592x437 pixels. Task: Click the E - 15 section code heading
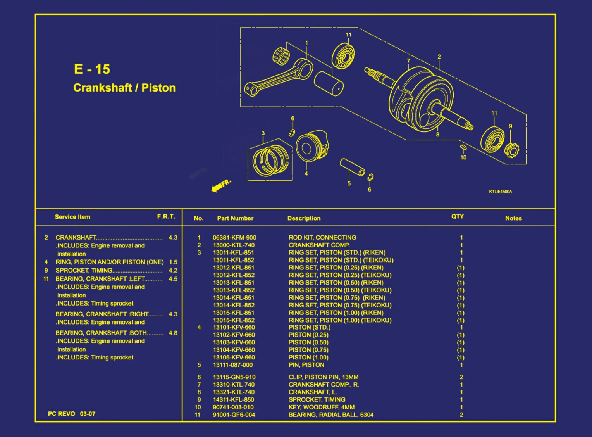coord(92,69)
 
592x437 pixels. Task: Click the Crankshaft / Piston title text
coord(124,88)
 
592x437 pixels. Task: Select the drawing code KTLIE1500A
coord(500,192)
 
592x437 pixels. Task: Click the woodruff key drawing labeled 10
coord(463,147)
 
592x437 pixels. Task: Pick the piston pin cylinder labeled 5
coord(352,167)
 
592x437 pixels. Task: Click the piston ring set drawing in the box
coord(270,160)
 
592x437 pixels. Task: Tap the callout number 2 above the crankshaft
coord(439,57)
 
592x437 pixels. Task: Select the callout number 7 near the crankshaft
coord(408,61)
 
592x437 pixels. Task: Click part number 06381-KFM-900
coord(234,237)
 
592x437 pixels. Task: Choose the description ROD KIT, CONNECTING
coord(322,237)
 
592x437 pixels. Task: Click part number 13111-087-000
coord(232,365)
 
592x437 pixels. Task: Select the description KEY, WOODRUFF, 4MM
coord(321,407)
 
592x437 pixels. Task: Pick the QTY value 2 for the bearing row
coord(461,415)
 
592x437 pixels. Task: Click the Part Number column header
coord(235,218)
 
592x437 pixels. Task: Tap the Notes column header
coord(513,218)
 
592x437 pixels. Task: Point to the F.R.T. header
coord(166,216)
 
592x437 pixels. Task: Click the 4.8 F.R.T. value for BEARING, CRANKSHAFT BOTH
coord(173,333)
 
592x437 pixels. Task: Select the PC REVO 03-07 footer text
coord(72,414)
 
